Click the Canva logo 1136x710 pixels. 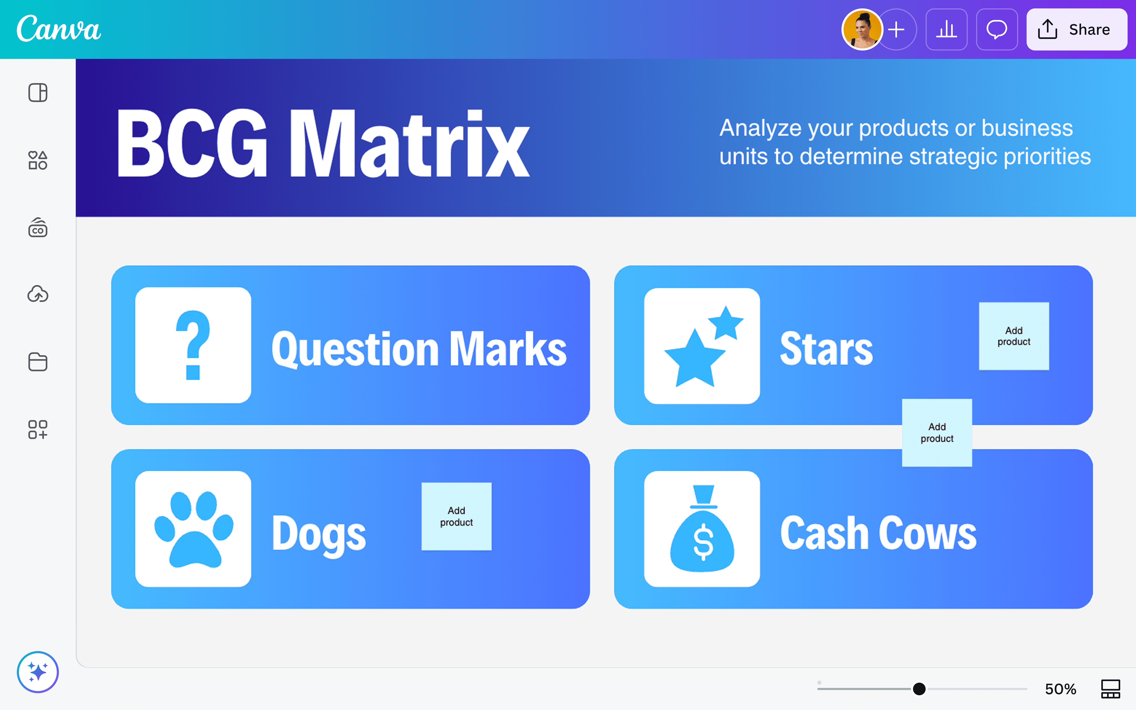[59, 29]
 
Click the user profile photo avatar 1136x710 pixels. [862, 29]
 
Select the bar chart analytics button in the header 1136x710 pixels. [946, 29]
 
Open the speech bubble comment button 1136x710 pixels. [997, 29]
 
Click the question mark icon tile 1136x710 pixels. [193, 345]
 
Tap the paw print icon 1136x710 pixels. [193, 529]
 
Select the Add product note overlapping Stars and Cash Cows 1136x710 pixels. [936, 433]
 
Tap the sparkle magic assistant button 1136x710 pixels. [38, 672]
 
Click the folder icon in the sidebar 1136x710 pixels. [38, 362]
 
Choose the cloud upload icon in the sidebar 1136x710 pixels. [38, 294]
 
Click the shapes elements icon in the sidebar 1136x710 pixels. [38, 160]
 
